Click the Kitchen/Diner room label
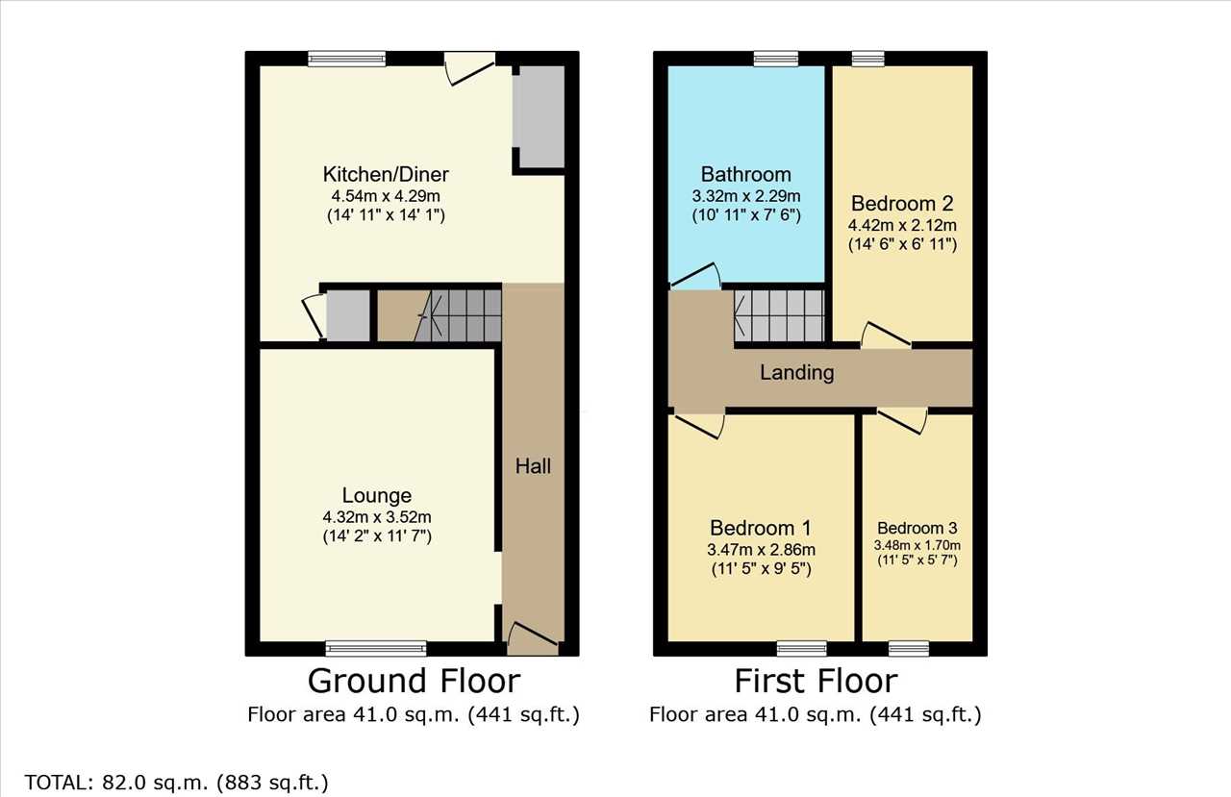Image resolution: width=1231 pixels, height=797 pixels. click(386, 175)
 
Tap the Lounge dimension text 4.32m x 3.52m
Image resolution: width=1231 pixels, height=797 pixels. click(377, 517)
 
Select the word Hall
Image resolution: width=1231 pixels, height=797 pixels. click(533, 466)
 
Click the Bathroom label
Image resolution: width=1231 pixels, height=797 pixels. click(745, 174)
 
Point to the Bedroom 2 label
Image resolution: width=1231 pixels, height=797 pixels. click(902, 203)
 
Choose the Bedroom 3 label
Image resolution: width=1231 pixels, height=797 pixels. click(917, 528)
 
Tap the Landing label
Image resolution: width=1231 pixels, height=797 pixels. click(797, 373)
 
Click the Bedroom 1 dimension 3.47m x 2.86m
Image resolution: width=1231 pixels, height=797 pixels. click(761, 549)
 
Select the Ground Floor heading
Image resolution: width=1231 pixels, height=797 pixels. click(414, 681)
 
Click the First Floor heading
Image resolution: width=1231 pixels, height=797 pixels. click(816, 681)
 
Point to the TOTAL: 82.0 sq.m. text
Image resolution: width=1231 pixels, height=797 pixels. click(130, 783)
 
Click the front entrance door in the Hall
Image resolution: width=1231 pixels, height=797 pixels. click(533, 638)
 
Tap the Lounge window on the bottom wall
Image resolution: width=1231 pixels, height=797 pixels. click(376, 649)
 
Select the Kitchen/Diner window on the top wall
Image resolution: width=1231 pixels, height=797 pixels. click(347, 59)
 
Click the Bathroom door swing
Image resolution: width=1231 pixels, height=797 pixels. click(695, 276)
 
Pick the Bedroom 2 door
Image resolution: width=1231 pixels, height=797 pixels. click(886, 336)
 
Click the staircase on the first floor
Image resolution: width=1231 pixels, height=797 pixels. click(779, 316)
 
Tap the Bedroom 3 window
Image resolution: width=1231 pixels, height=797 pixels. click(909, 649)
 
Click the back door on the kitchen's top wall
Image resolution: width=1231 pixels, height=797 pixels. click(470, 68)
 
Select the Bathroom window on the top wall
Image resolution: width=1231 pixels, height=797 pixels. click(776, 59)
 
